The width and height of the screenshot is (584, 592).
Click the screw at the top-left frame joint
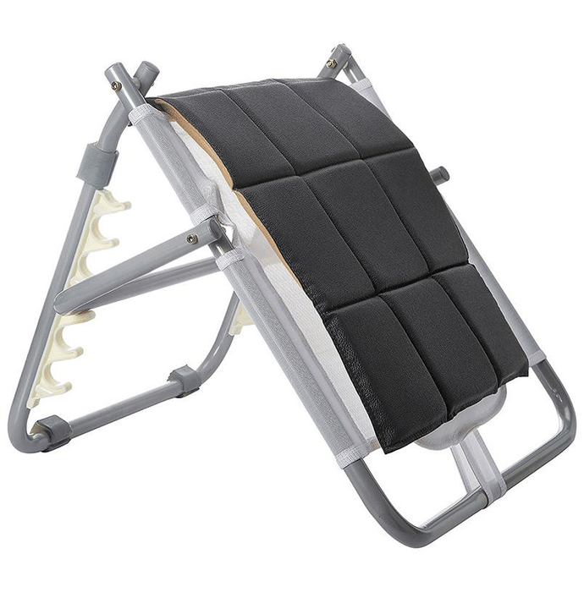click(x=116, y=85)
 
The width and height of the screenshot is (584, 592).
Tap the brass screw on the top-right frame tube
click(x=331, y=63)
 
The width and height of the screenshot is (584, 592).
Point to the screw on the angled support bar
click(x=192, y=239)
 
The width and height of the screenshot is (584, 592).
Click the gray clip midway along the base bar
click(x=185, y=381)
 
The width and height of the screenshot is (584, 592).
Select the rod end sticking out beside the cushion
click(x=438, y=175)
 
